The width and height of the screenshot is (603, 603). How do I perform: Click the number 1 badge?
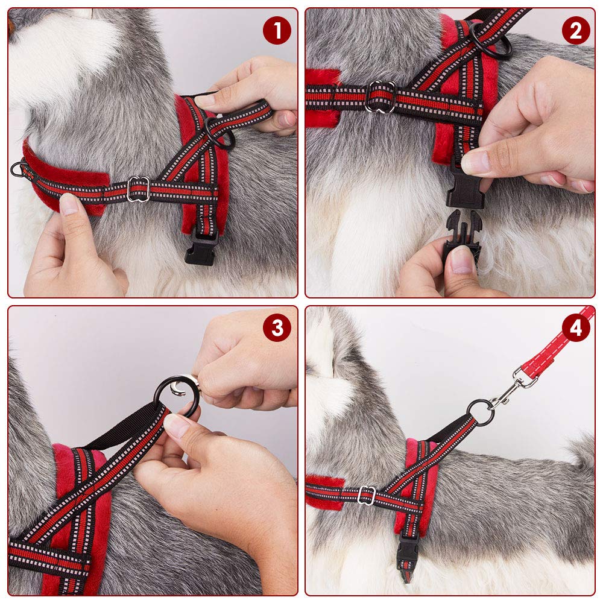coord(277,31)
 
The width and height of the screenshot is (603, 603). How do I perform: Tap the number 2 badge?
coord(576,31)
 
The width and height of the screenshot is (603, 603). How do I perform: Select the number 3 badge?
coord(277,328)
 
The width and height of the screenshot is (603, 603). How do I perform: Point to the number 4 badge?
coord(576,328)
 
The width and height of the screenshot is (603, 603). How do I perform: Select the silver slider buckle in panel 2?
coord(380,96)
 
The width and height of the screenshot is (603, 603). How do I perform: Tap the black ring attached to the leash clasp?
coord(481,412)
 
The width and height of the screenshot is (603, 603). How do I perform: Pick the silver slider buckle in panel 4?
coord(366,496)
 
